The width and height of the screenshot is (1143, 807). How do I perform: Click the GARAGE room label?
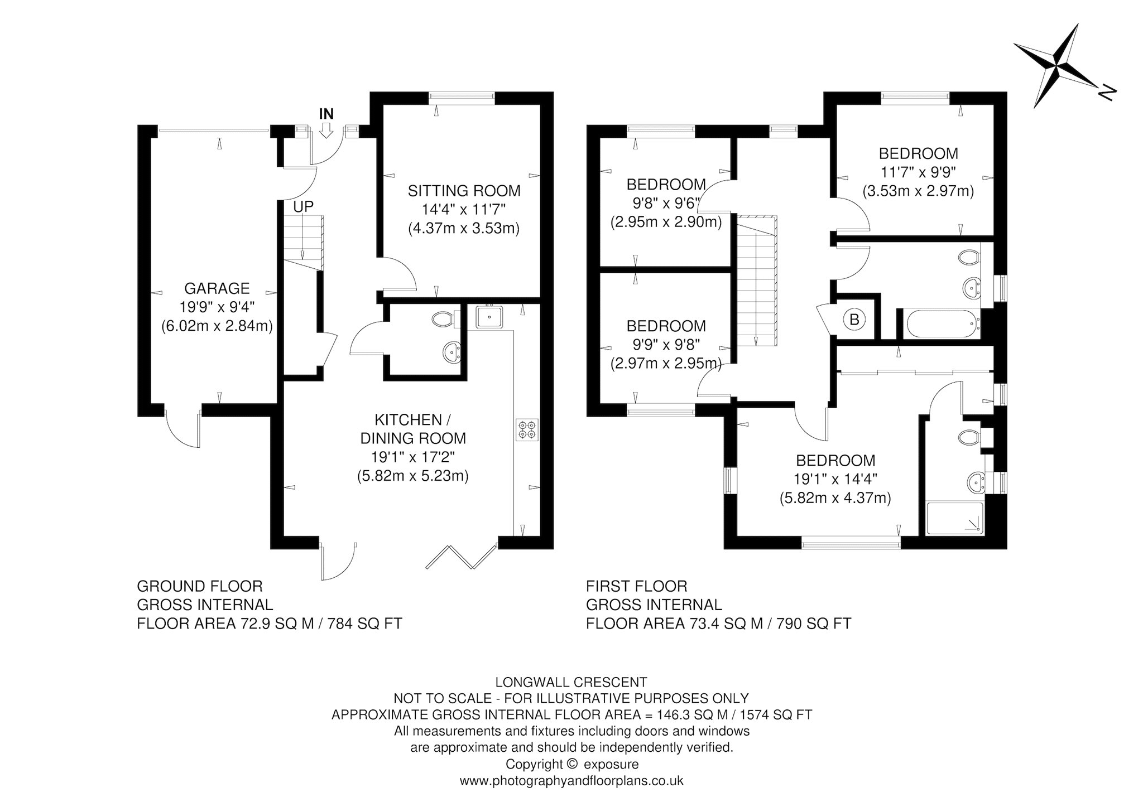[x=217, y=288]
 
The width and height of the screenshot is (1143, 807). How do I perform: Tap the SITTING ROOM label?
[x=464, y=191]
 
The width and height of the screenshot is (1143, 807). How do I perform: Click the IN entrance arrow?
[x=326, y=131]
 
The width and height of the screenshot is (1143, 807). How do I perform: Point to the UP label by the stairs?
[x=304, y=206]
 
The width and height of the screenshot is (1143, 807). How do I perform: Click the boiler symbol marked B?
[x=854, y=320]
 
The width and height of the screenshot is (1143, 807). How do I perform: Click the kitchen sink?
[x=489, y=317]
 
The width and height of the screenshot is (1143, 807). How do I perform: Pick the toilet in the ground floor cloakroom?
[x=445, y=319]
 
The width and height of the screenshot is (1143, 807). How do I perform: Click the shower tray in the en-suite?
[x=955, y=519]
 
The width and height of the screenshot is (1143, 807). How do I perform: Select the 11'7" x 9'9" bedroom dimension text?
[x=919, y=172]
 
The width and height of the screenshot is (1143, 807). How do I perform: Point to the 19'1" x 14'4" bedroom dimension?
[x=835, y=479]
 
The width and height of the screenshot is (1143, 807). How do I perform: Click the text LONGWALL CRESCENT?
[x=571, y=682]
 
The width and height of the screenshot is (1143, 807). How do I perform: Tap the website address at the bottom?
[x=571, y=781]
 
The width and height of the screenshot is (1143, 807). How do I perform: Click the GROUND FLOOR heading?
[x=200, y=586]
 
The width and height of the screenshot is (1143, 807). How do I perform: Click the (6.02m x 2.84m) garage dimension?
[x=217, y=326]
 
